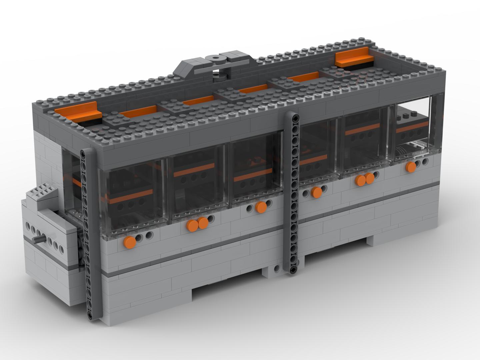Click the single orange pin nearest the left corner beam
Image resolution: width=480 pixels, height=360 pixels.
click(x=130, y=241)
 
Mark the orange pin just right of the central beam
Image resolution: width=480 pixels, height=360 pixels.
click(x=316, y=192)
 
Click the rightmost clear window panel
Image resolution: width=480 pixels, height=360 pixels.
click(x=413, y=128)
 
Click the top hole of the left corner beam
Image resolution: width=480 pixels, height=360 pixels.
click(x=83, y=153)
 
